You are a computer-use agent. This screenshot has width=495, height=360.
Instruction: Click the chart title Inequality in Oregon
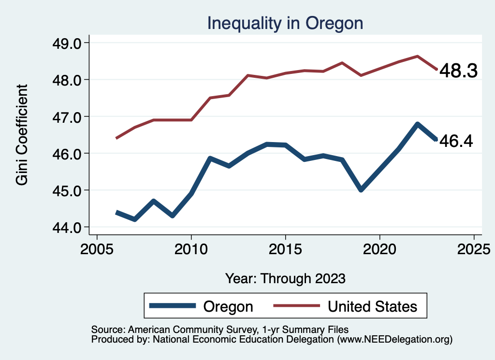285,23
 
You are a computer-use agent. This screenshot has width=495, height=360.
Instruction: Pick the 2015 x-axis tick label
285,250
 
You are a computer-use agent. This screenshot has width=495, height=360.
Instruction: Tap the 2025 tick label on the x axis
474,250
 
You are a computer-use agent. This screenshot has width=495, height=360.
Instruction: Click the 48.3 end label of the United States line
458,72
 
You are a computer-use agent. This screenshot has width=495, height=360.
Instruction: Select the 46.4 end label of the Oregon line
455,141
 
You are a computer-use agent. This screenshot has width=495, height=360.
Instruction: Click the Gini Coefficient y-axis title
22,135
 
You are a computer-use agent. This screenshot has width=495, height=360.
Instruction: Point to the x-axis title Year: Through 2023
285,278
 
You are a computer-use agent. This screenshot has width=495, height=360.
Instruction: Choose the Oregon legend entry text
228,306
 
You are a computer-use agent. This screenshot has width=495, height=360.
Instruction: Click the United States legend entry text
372,306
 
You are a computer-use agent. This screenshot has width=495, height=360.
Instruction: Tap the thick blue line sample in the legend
173,306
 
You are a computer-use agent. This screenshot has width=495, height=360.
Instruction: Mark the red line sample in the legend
297,306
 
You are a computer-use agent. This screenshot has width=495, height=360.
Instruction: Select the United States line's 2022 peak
417,56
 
